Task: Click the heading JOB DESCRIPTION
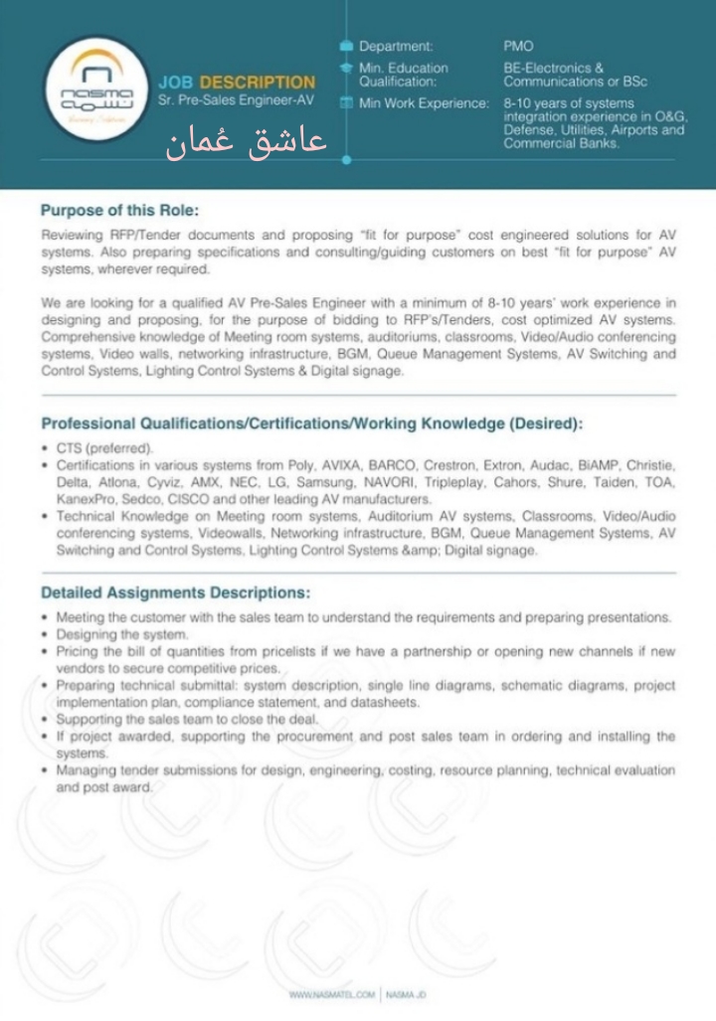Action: click(237, 83)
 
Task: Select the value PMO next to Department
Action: click(518, 46)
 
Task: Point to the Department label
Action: click(396, 46)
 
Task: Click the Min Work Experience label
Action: click(424, 103)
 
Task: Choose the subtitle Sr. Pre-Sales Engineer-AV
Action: click(236, 101)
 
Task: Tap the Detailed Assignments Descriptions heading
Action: click(175, 593)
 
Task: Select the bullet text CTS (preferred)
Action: click(104, 448)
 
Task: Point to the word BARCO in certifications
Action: click(390, 465)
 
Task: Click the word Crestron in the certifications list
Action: click(450, 465)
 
